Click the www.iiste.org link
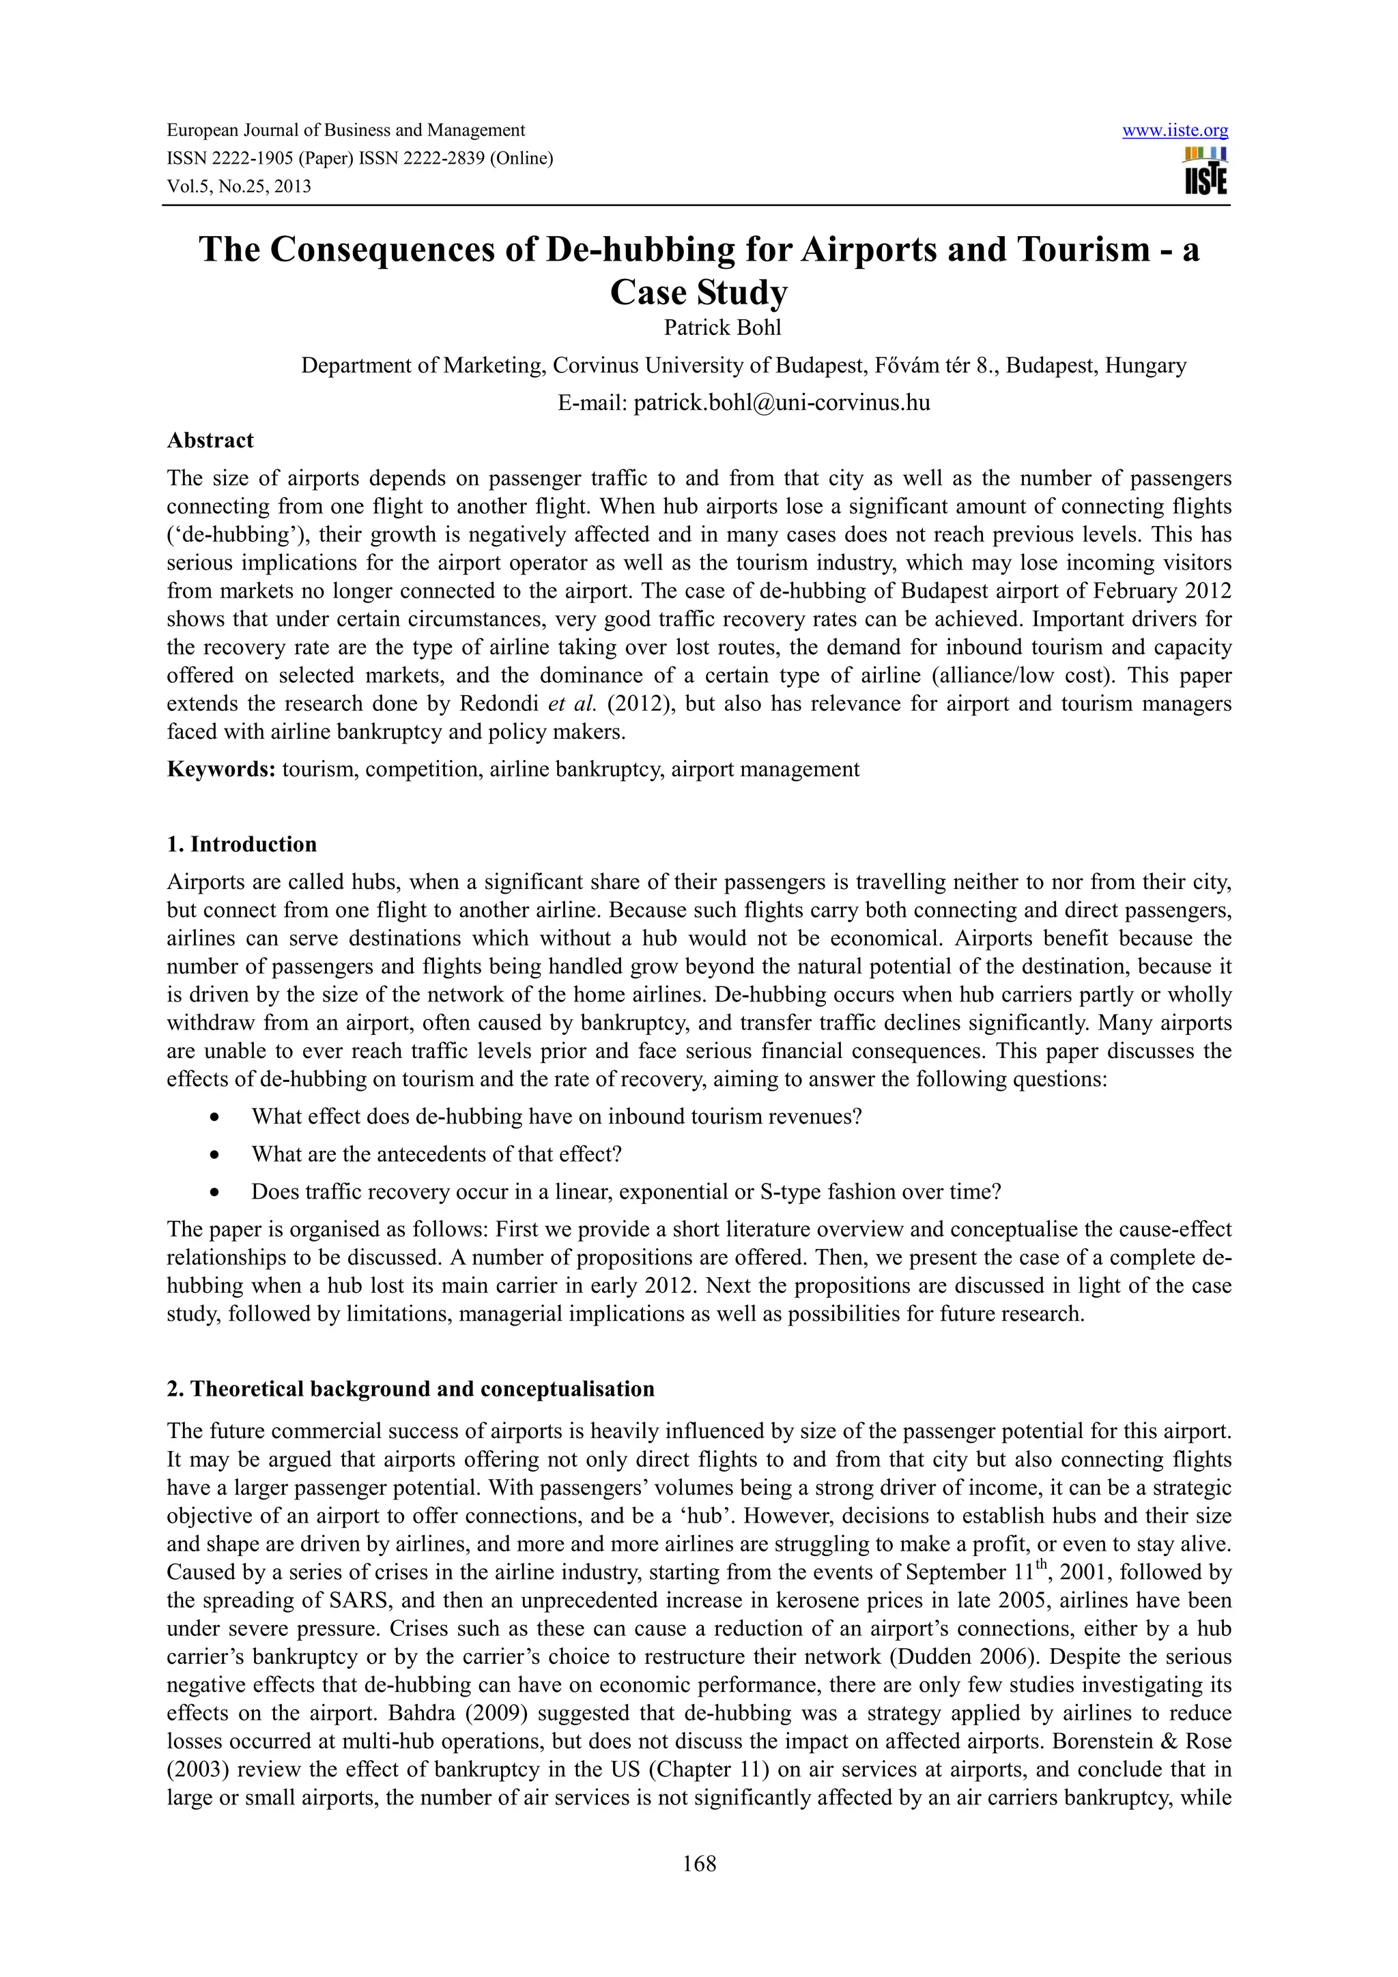(x=1175, y=131)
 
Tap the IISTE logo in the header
(x=1206, y=171)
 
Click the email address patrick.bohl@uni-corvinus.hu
(x=782, y=402)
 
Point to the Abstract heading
(x=210, y=440)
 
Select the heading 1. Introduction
(x=242, y=844)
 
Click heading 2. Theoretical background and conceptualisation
(x=410, y=1389)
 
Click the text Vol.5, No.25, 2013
(x=239, y=186)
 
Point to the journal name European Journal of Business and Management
(x=345, y=131)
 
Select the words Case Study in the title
(x=698, y=293)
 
